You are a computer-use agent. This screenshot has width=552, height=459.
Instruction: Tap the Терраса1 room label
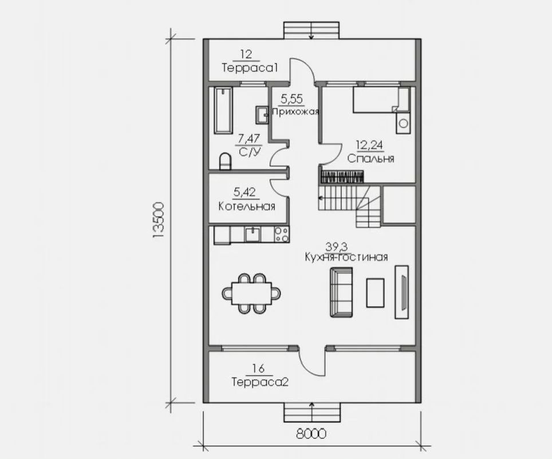[x=250, y=68]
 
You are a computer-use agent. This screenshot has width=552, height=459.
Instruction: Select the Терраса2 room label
[x=259, y=382]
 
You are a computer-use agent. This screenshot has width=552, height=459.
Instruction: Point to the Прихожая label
[x=295, y=111]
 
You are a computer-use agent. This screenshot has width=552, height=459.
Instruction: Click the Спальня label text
[x=370, y=159]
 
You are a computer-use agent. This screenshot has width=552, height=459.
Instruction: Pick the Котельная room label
[x=247, y=206]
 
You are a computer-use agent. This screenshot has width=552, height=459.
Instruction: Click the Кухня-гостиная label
[x=346, y=257]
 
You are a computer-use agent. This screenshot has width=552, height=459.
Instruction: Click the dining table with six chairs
[x=252, y=293]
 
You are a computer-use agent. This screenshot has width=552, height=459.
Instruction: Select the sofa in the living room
[x=341, y=292]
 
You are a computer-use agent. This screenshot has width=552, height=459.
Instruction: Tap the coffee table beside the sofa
[x=376, y=292]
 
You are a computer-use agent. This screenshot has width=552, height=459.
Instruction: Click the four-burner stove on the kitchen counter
[x=281, y=234]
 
